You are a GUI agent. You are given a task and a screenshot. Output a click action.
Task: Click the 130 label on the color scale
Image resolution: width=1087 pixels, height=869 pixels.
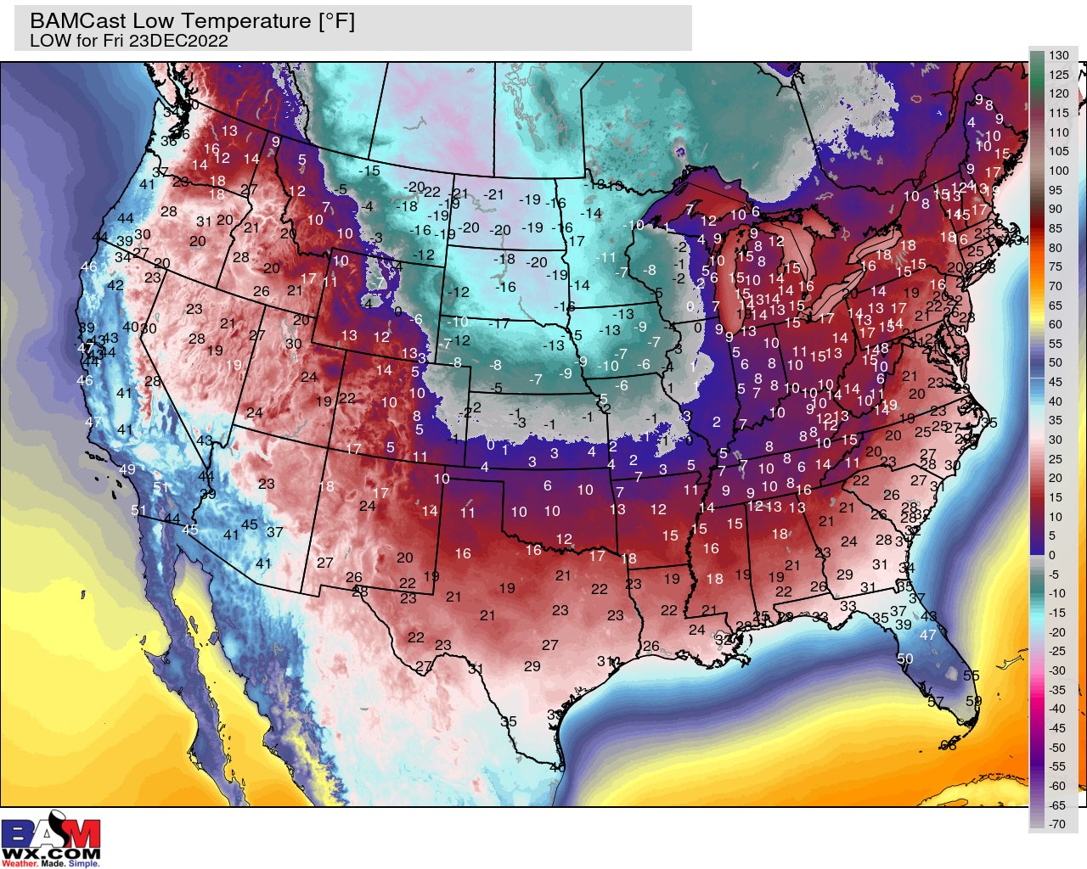pos(1058,55)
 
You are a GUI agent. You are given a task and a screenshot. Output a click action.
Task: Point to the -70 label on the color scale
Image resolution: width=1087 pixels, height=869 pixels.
pos(1056,824)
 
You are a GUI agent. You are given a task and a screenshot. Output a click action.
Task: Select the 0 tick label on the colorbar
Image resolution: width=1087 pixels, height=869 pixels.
pos(1052,555)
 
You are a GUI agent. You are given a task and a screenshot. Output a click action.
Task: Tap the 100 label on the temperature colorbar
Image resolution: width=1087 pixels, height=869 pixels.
pos(1058,171)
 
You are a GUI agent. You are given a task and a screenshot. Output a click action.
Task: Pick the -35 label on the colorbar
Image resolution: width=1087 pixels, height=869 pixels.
pos(1056,690)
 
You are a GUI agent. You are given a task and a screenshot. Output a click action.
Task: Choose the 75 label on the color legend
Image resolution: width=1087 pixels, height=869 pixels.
pos(1055,266)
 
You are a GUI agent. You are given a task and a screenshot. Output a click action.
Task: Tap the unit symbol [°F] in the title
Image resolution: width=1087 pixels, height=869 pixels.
pos(336,21)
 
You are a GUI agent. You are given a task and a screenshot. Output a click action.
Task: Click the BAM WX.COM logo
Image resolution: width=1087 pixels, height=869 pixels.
pos(51,842)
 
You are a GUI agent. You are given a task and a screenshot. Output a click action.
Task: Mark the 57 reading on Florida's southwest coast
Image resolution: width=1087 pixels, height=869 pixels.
pos(935,702)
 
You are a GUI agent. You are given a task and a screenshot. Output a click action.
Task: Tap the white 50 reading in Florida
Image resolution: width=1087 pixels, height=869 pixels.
pos(904,659)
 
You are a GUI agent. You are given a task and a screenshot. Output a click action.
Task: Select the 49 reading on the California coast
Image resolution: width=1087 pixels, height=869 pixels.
pos(127,469)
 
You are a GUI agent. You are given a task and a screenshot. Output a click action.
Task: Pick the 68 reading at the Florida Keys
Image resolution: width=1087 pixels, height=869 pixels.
pos(949,745)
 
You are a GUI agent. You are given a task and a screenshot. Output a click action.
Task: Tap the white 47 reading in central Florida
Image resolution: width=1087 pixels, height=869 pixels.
pos(927,635)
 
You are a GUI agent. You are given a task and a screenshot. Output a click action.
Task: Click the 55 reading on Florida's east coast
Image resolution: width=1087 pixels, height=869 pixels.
pos(971,676)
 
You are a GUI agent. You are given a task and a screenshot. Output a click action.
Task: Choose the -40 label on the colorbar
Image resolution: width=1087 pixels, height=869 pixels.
pos(1056,709)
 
